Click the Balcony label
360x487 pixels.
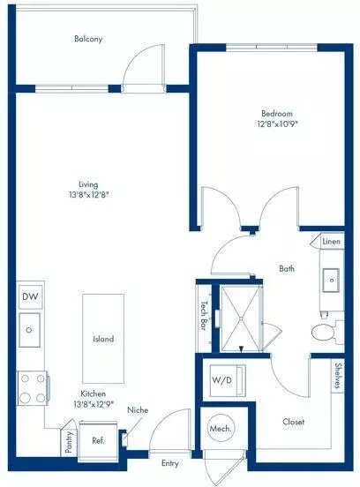[86, 39]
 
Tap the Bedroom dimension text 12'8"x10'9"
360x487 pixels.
[277, 124]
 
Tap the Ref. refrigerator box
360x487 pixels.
[99, 437]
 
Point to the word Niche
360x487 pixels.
[138, 410]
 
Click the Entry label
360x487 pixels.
[171, 462]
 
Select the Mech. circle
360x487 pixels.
[220, 429]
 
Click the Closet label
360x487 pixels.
[293, 422]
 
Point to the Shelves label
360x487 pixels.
[339, 378]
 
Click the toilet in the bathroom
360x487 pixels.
[323, 333]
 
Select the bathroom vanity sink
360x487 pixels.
[333, 281]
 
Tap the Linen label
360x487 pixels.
[331, 241]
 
